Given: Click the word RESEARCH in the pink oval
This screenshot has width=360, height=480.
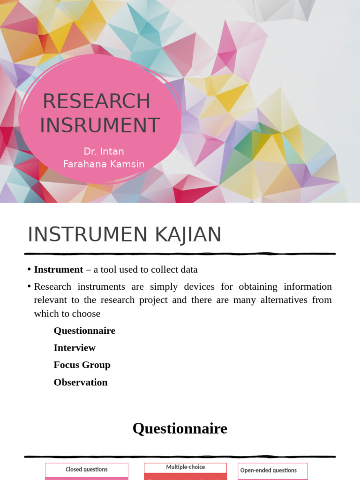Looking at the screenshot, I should pos(97,101).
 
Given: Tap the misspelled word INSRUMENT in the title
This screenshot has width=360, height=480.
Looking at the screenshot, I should pos(100,125).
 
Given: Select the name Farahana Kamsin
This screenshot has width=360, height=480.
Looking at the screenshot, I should pos(104,164).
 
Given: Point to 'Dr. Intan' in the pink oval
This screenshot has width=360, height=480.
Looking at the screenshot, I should pos(104,151).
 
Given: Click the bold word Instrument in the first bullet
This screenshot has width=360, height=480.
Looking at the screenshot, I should pos(59,270).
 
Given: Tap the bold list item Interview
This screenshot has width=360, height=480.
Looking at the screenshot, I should pos(75,348).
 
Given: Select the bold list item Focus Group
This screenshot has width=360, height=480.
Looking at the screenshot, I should pos(82,365).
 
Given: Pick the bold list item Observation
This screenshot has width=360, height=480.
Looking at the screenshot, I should pos(81,382).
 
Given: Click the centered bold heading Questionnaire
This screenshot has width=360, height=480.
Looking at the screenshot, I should pos(180,428).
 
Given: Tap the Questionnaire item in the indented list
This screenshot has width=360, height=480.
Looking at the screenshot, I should pos(84,330).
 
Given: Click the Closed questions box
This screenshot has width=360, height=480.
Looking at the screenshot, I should pos(87,470).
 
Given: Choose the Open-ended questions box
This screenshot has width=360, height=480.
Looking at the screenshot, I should pos(269,470).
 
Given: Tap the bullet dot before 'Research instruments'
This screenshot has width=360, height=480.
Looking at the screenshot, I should pos(29,286).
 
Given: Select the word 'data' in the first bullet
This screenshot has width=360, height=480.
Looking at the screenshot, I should pos(188,270).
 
